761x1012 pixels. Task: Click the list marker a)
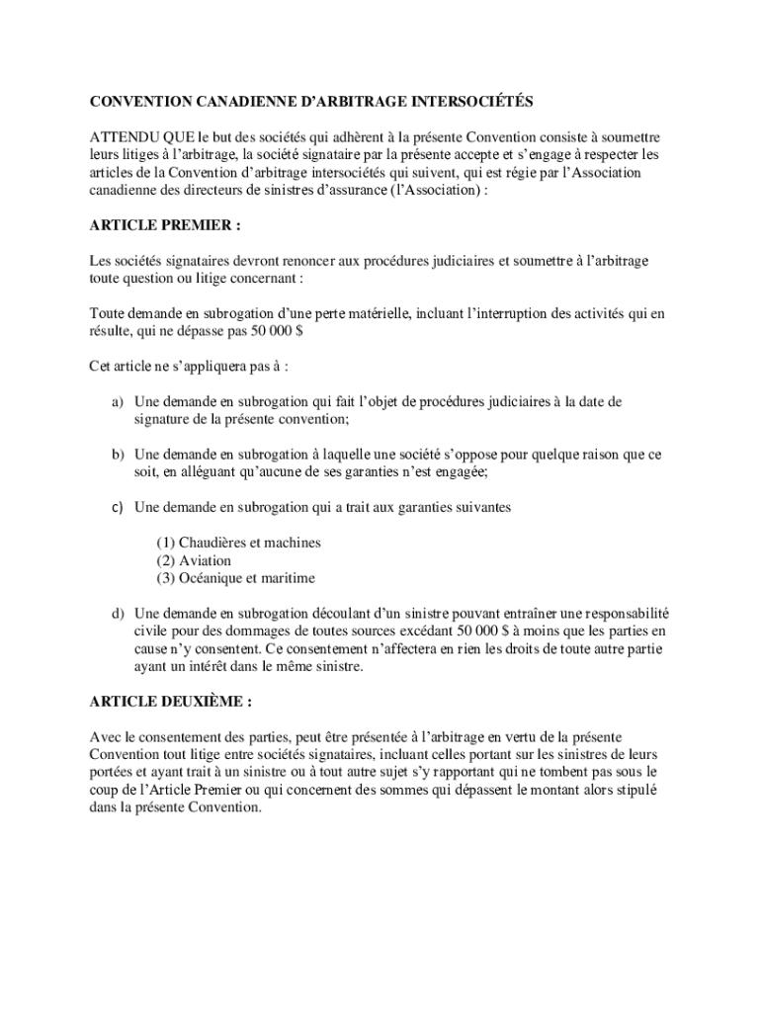(117, 402)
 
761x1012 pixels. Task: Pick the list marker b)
(117, 455)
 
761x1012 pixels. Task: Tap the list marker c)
(117, 507)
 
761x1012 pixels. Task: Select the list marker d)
(117, 613)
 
